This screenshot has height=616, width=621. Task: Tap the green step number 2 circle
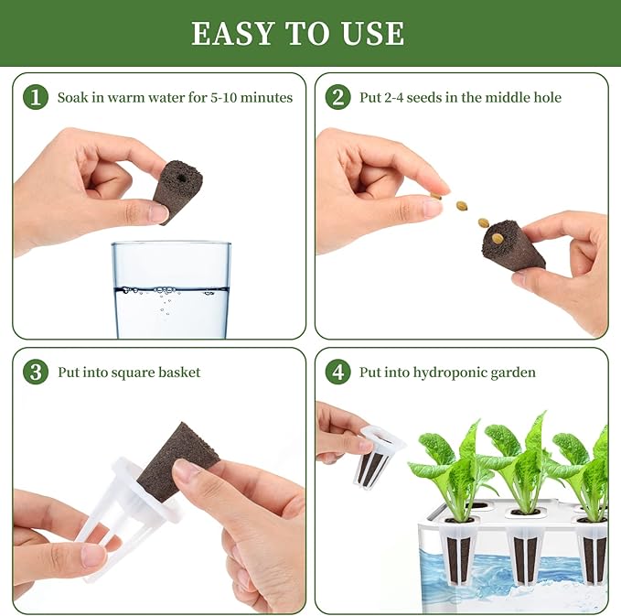pyautogui.click(x=337, y=97)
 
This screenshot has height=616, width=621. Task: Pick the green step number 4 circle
pyautogui.click(x=337, y=372)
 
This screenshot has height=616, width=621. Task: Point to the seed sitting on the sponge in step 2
pyautogui.click(x=497, y=238)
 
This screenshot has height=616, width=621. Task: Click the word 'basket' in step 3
pyautogui.click(x=177, y=373)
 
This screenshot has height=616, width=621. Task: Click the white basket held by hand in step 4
pyautogui.click(x=376, y=455)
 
